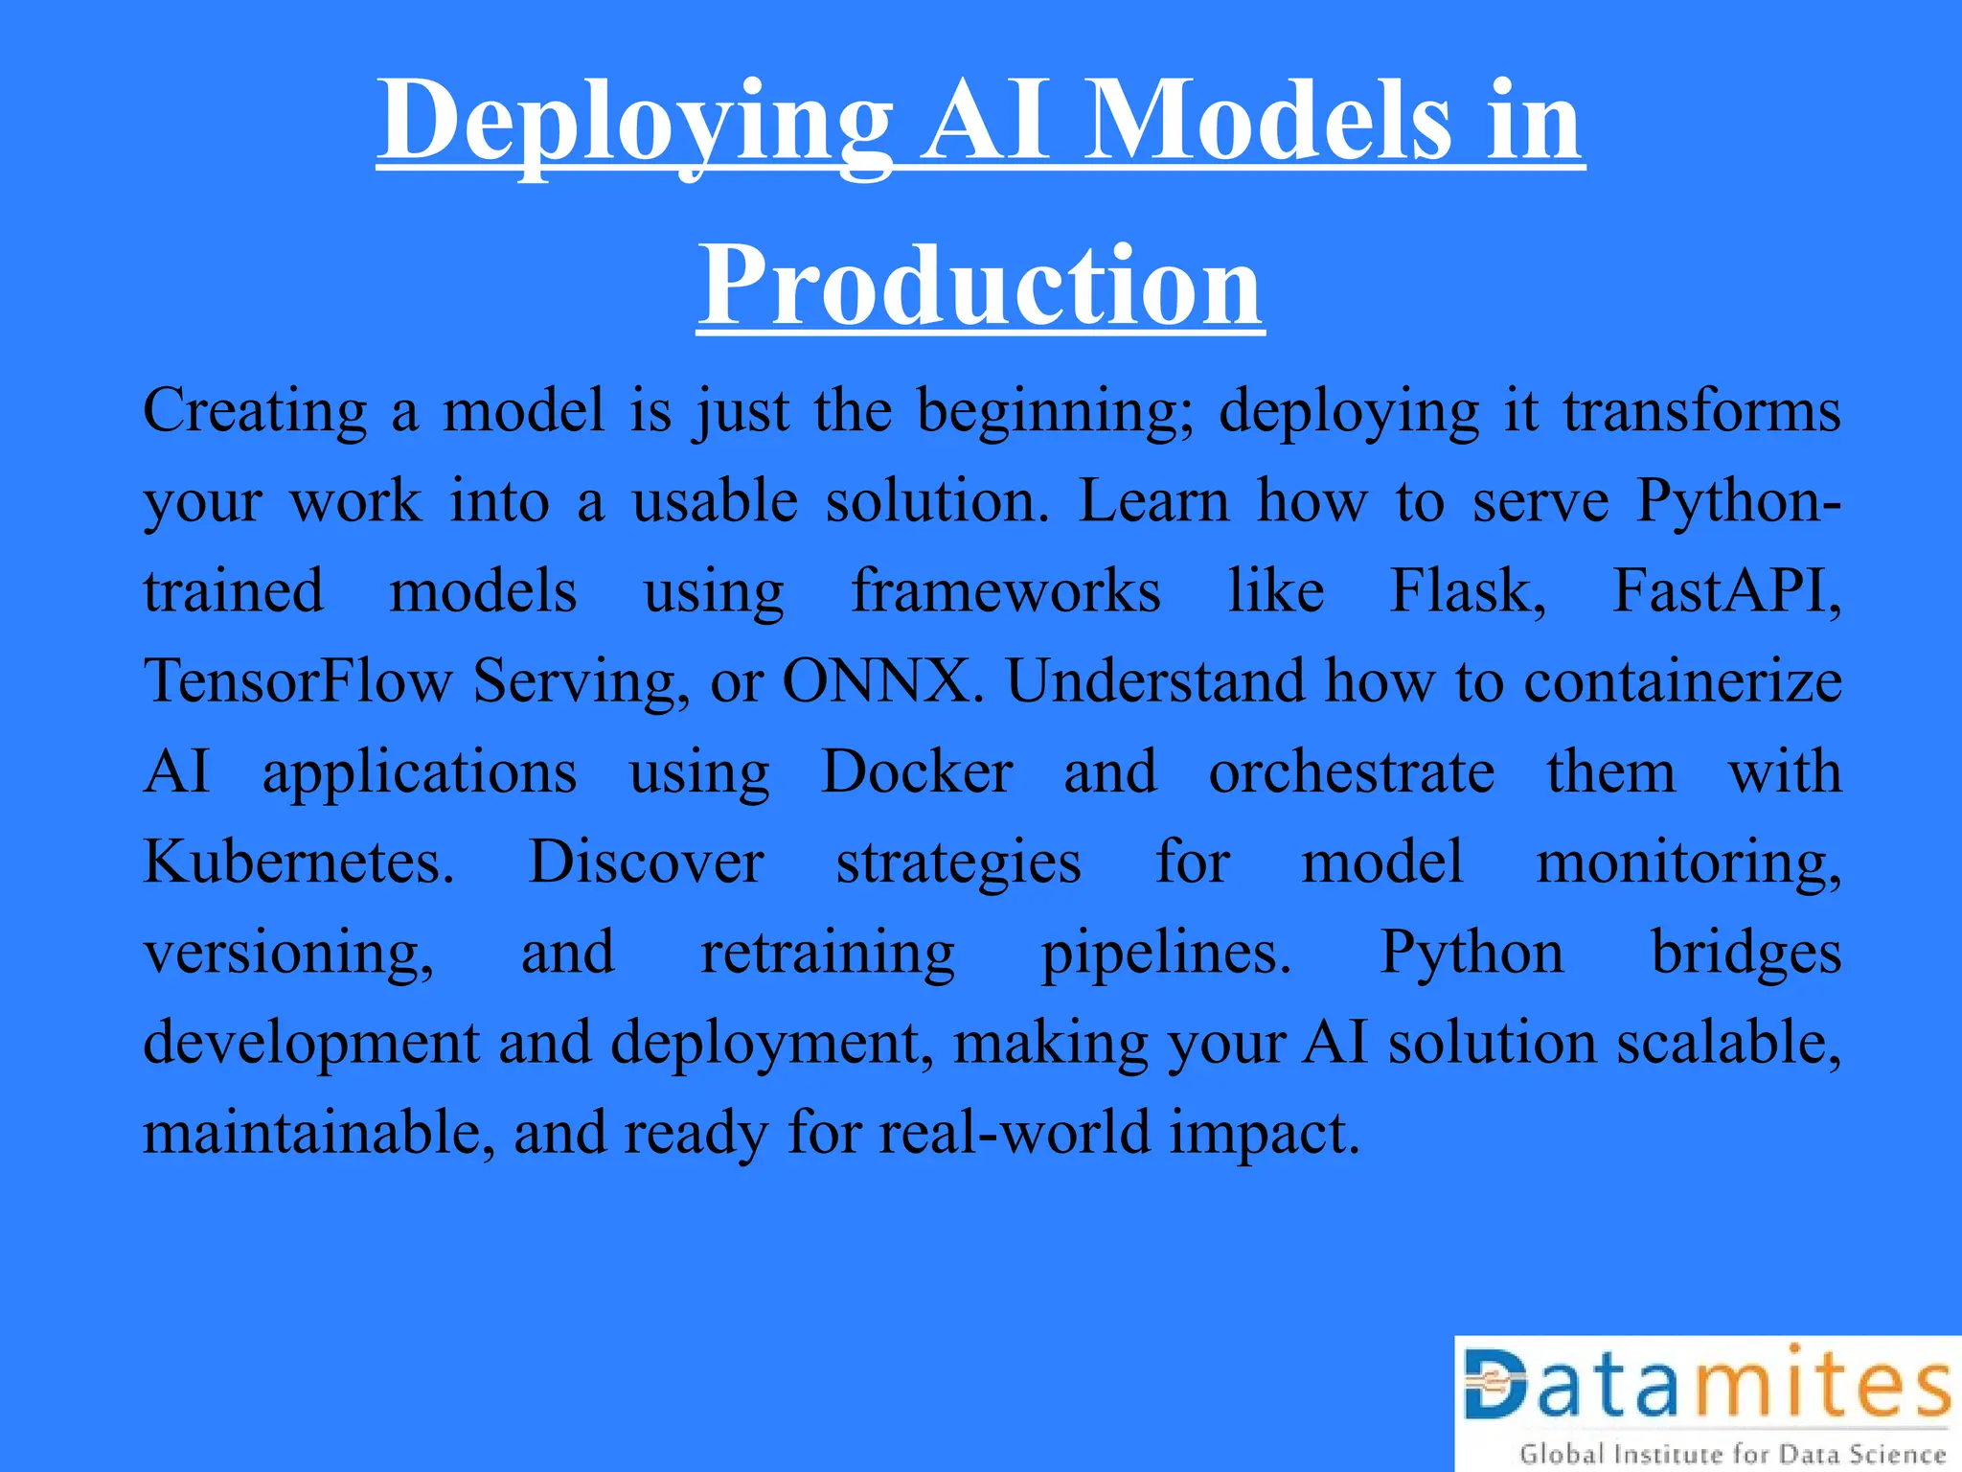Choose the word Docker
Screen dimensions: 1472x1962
click(x=917, y=771)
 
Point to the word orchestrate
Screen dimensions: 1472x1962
click(x=1351, y=771)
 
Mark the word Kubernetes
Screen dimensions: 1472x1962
click(x=298, y=862)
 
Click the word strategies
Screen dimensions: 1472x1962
click(x=958, y=862)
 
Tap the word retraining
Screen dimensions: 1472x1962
click(x=828, y=953)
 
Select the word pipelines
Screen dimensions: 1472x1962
click(x=1167, y=953)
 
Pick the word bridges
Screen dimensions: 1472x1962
click(x=1745, y=953)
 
